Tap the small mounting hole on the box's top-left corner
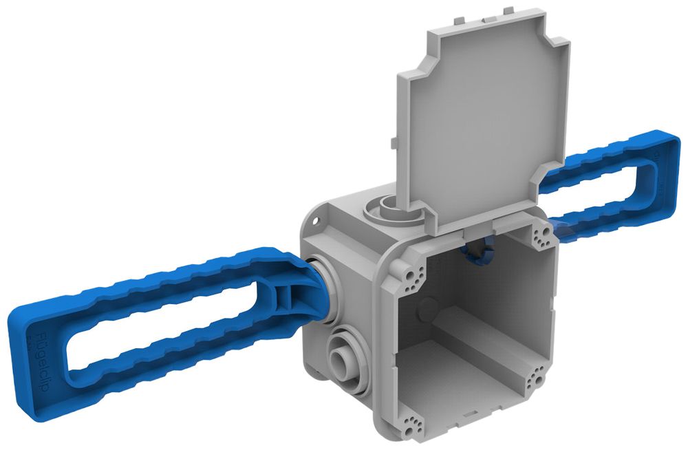316,222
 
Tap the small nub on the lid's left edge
392,141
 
